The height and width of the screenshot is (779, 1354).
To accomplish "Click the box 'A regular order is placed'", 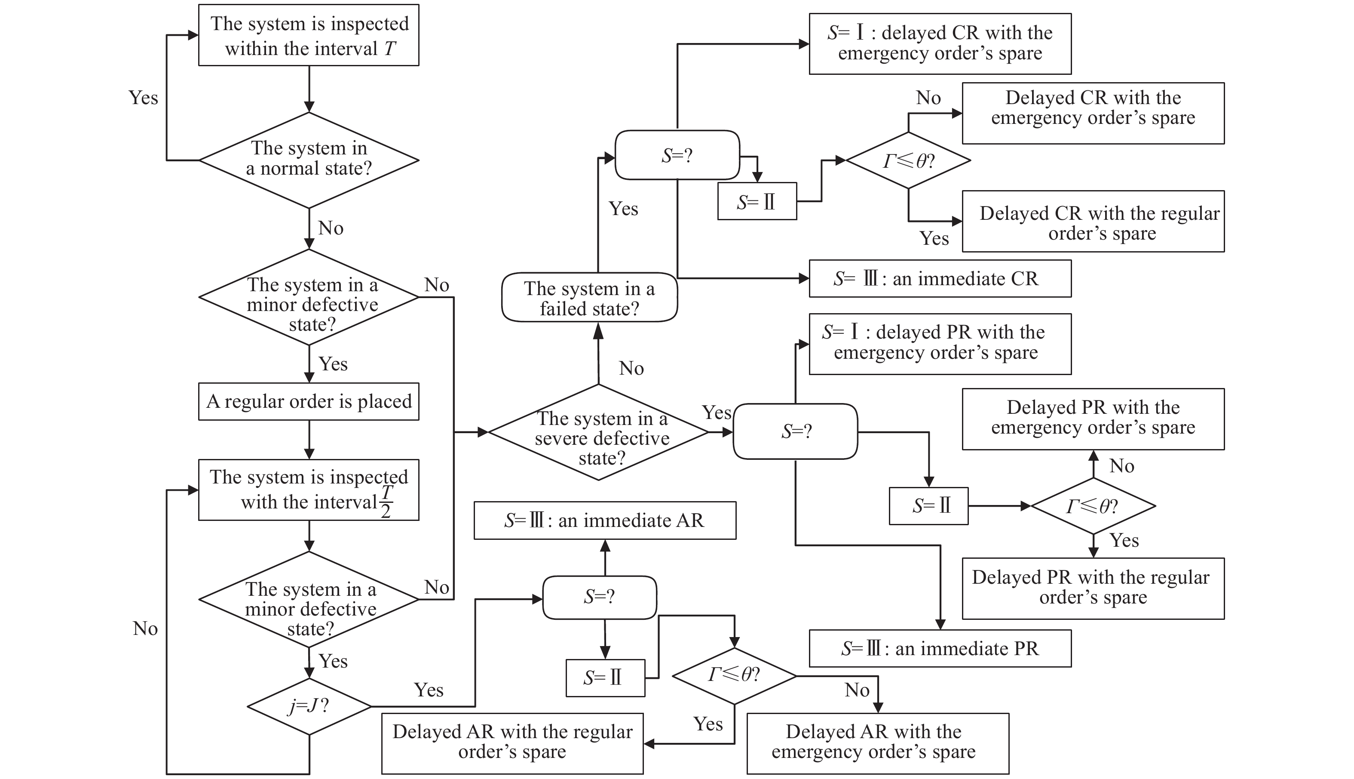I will [309, 401].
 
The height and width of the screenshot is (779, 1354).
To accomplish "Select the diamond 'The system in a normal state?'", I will [309, 160].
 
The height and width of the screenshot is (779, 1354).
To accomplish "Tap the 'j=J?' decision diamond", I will [309, 706].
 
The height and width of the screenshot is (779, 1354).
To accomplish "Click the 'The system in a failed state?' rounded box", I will [589, 298].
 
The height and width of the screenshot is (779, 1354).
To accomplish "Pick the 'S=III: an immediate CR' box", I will [940, 278].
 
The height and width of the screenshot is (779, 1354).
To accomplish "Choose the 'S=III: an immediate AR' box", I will [604, 520].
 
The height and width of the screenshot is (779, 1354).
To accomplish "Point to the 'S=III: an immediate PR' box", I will [940, 649].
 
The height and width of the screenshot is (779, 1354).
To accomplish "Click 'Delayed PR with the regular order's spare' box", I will [1093, 588].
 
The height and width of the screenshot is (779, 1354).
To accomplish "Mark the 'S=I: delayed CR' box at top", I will [940, 44].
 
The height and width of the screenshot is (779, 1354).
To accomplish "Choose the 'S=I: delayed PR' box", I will [940, 344].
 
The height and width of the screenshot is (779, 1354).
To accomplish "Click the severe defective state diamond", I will [599, 432].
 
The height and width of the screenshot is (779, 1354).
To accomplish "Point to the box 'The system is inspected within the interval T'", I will [309, 35].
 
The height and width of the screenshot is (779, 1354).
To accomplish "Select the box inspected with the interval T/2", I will [309, 490].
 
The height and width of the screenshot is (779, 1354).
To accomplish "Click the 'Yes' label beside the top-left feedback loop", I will [143, 98].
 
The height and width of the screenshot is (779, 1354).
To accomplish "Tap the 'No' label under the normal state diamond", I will [331, 228].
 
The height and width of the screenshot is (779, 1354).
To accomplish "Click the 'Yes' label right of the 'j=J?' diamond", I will [428, 690].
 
